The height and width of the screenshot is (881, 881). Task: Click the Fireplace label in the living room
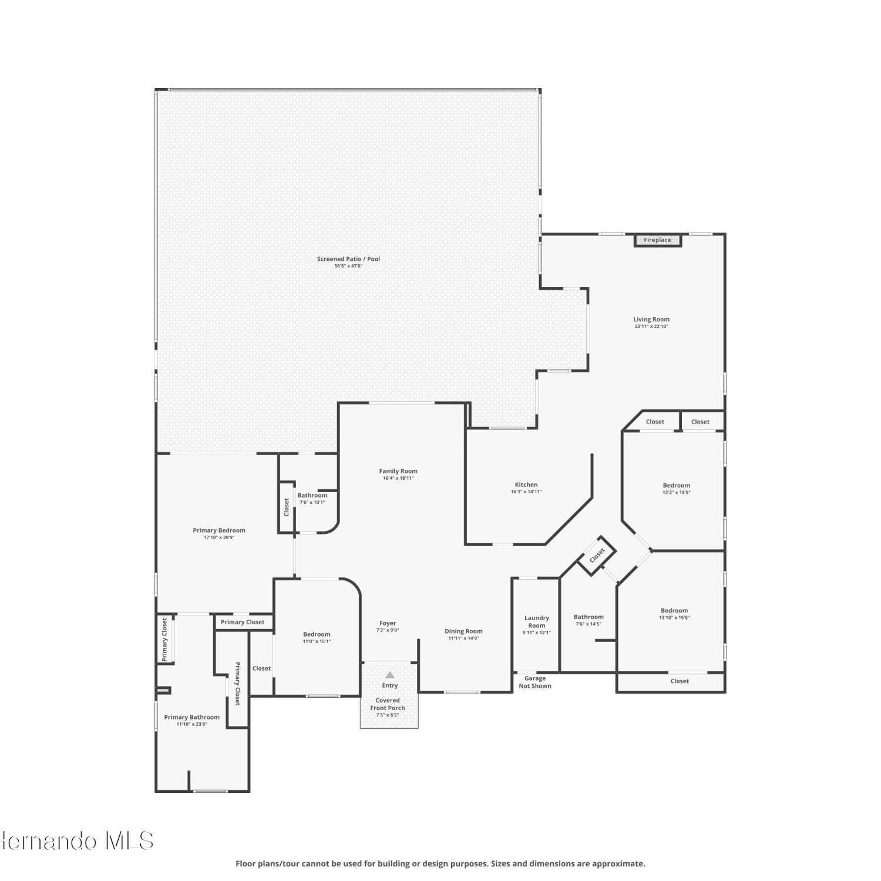point(657,240)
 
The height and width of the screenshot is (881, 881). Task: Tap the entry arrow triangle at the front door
point(390,675)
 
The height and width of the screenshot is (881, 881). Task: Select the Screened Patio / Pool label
point(348,259)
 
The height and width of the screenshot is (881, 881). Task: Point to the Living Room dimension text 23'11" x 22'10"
point(651,327)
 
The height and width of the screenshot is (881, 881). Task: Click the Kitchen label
point(526,485)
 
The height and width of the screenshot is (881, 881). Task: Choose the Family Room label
point(398,471)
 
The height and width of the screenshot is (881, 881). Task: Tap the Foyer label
point(388,623)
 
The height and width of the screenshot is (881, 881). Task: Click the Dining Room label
point(463,631)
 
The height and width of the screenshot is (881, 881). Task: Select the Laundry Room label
point(537,621)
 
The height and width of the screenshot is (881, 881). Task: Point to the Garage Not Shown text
point(535,682)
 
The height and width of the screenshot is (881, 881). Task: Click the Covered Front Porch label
point(388,704)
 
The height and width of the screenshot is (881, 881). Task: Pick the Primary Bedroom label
point(219,530)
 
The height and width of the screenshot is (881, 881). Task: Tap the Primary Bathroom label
point(192,717)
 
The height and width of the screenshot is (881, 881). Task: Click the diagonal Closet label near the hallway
point(597,554)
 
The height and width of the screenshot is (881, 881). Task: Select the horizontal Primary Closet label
point(243,622)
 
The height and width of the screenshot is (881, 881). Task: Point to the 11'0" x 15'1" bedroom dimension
point(317,641)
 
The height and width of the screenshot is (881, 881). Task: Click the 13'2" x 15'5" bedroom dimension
point(677,493)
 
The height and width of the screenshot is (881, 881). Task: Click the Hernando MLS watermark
point(77,841)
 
